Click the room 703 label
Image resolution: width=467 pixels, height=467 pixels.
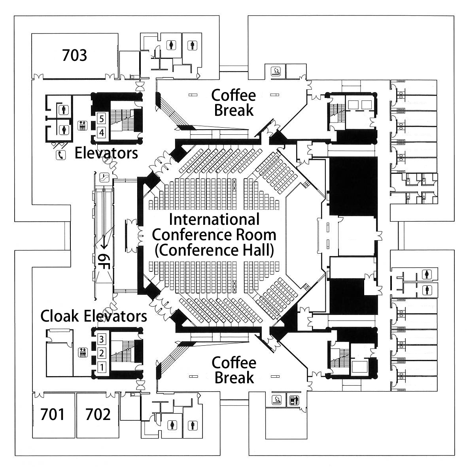pos(74,55)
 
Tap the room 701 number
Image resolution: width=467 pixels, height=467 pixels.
pos(53,414)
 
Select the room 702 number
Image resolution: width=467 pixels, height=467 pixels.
pos(98,414)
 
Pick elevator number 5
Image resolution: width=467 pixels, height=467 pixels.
pos(102,119)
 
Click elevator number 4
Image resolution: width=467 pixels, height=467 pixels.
pos(102,132)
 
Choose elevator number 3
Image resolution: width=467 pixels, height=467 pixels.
pos(102,339)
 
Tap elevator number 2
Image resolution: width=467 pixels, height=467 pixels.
pos(102,353)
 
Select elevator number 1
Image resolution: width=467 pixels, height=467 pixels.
pos(102,367)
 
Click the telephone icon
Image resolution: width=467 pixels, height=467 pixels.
pos(61,155)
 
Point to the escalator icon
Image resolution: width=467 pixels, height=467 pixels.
pos(104,177)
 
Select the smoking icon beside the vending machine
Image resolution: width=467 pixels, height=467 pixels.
pos(276,400)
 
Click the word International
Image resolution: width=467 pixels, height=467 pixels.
pos(214,220)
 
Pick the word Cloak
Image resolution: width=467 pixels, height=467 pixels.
pos(60,316)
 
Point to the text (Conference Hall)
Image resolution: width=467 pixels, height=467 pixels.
pos(214,250)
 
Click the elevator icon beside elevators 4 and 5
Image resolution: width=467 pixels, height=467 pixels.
pos(83,126)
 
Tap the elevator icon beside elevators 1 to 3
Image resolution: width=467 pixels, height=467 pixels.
pos(83,353)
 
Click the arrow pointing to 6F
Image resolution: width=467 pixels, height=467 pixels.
pos(104,241)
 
